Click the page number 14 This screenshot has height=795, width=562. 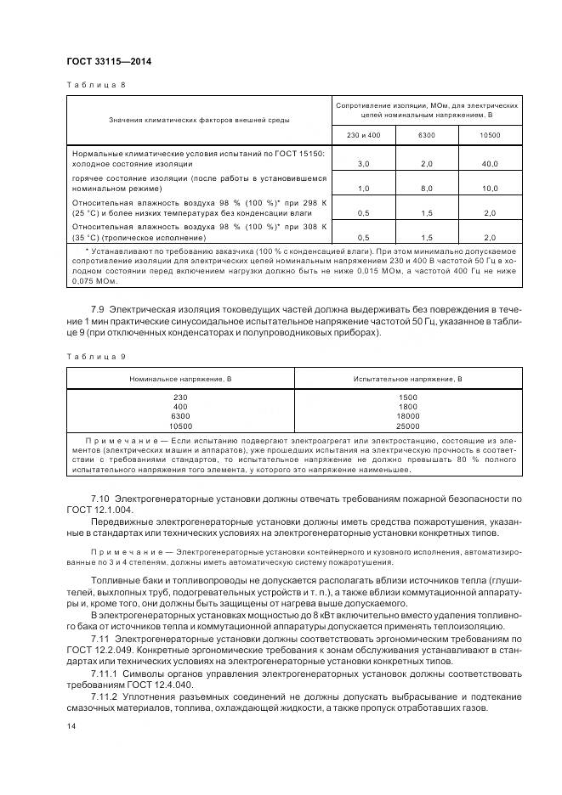click(x=71, y=727)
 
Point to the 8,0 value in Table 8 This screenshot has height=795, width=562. click(x=426, y=189)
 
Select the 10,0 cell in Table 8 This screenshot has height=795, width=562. click(x=490, y=189)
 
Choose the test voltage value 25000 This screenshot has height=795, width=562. click(x=408, y=426)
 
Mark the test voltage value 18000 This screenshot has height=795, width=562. click(x=408, y=416)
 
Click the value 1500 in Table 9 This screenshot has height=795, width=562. click(x=408, y=397)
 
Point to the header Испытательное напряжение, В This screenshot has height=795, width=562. click(x=408, y=377)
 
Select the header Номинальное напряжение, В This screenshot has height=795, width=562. click(x=180, y=377)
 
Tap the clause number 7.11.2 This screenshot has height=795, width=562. click(x=105, y=695)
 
